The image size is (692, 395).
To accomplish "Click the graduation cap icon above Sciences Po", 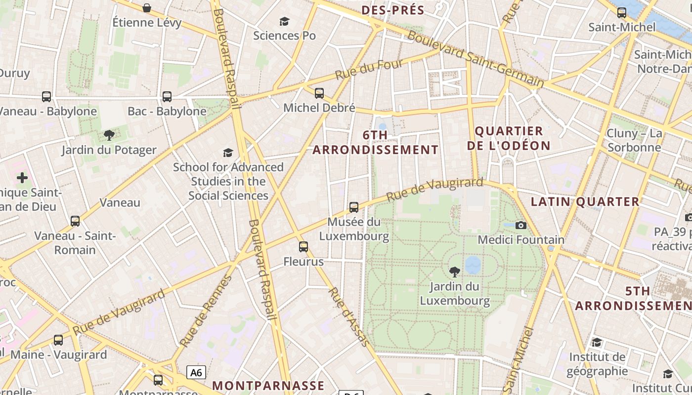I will [284, 21].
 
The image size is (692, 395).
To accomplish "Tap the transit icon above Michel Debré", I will [319, 93].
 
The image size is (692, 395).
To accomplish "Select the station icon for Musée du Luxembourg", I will [354, 207].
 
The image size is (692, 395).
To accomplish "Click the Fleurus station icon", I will [303, 247].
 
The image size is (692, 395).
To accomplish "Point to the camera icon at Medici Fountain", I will [520, 225].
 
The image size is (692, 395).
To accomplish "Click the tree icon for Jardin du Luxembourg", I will [454, 272].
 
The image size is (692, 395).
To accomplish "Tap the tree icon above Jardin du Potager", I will [109, 135].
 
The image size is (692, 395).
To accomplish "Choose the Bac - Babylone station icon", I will [167, 97].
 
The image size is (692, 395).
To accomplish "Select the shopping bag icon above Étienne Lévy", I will [147, 8].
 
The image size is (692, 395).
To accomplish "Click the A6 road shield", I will [196, 372].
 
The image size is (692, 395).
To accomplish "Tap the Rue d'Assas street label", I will [348, 316].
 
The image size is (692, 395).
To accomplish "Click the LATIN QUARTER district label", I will [585, 201].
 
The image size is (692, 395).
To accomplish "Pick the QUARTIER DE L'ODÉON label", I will [509, 138].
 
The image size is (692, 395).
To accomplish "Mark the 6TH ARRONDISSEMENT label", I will [375, 142].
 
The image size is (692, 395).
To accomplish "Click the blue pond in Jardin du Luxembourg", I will [473, 265].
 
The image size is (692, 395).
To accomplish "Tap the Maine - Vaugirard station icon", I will [58, 340].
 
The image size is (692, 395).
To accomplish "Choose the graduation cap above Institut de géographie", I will [597, 343].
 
